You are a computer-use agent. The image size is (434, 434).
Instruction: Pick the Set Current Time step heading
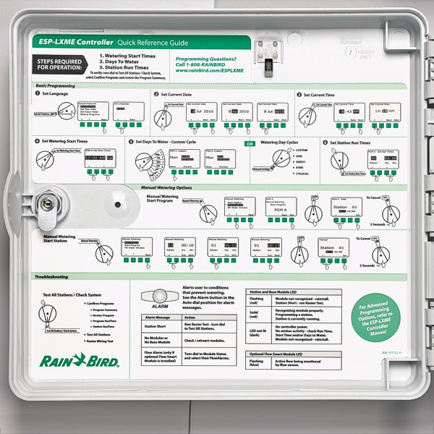pyautogui.click(x=318, y=94)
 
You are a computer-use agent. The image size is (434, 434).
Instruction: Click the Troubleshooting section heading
pyautogui.click(x=51, y=276)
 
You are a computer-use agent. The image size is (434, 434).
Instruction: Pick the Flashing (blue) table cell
pyautogui.click(x=257, y=363)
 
